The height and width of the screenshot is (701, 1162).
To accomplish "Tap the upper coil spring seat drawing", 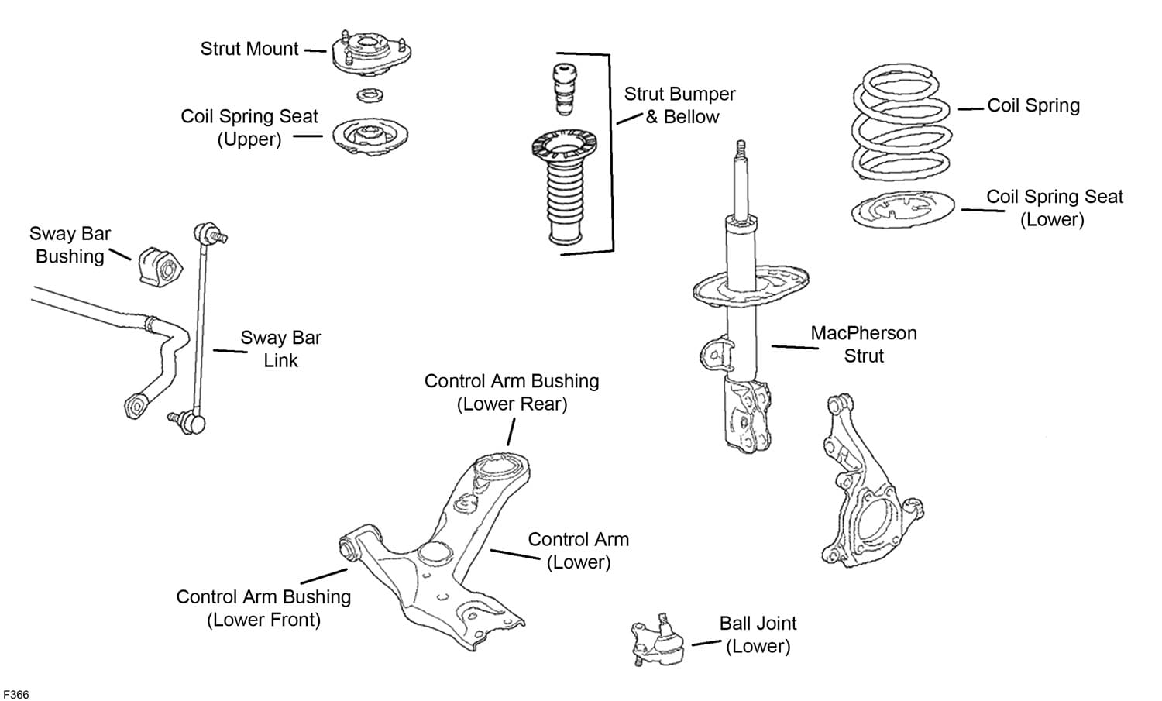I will [370, 137].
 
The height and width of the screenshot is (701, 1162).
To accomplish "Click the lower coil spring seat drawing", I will [902, 209].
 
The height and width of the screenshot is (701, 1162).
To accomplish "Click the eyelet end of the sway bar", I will [135, 406].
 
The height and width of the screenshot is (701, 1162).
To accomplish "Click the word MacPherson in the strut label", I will [863, 333].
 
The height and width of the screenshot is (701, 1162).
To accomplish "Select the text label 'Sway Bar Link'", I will [280, 349].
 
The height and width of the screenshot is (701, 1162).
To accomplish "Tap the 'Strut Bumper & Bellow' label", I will [679, 105].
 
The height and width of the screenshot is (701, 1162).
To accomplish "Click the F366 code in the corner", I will [15, 694].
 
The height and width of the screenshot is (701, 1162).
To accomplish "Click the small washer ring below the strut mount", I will [371, 96].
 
